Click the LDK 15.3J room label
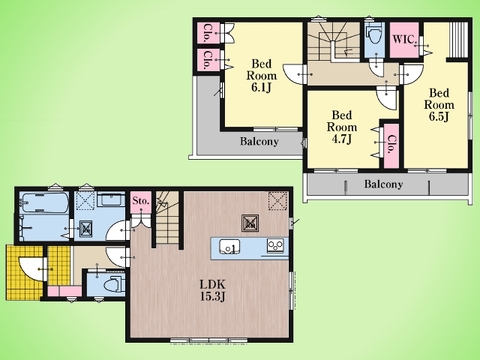[x=212, y=291]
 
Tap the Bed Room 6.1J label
[x=262, y=76]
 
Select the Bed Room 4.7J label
[x=342, y=127]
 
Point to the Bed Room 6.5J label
[x=439, y=105]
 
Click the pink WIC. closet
[x=404, y=40]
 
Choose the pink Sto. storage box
[x=140, y=201]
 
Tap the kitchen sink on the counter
[x=229, y=247]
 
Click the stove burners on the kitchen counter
[x=275, y=246]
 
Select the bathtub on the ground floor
[x=44, y=202]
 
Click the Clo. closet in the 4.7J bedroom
[x=391, y=145]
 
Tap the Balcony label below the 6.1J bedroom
[x=259, y=141]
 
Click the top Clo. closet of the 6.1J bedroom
[x=207, y=33]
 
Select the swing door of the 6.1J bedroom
[x=295, y=74]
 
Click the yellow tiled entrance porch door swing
[x=32, y=269]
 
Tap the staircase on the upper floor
[x=333, y=42]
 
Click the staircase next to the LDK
[x=168, y=218]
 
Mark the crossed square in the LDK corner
[x=278, y=201]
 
